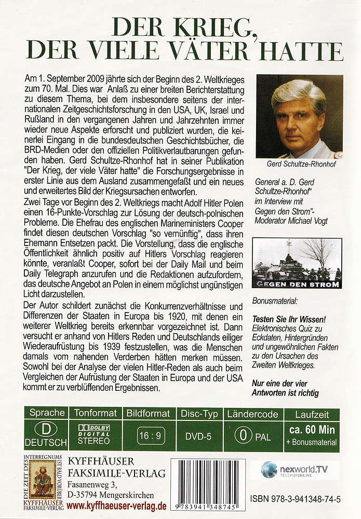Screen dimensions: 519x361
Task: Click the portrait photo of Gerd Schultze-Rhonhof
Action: [300, 116]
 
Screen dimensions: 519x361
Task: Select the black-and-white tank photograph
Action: [297, 259]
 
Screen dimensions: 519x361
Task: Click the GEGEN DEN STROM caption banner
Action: [296, 284]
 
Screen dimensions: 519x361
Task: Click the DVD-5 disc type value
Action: [198, 436]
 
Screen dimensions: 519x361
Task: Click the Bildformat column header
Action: [148, 413]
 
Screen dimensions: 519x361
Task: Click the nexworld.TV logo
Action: [299, 469]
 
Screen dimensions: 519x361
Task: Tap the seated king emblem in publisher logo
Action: [43, 478]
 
